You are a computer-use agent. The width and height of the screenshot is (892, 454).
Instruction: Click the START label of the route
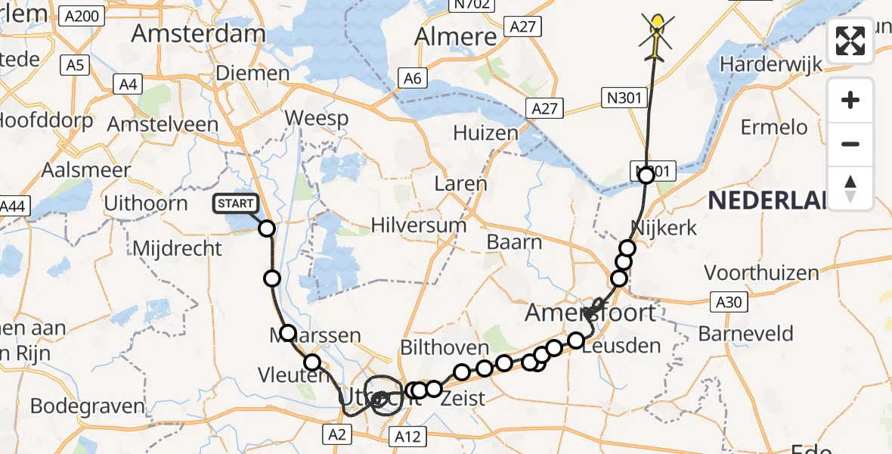237,204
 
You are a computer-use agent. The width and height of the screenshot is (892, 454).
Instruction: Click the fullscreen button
850,41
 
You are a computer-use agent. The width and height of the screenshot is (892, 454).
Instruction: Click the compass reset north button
850,188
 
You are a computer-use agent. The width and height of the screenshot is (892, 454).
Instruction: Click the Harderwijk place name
770,64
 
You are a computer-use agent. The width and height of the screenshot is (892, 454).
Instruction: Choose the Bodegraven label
88,406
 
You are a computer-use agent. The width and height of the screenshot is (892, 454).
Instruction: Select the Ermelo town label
774,127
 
